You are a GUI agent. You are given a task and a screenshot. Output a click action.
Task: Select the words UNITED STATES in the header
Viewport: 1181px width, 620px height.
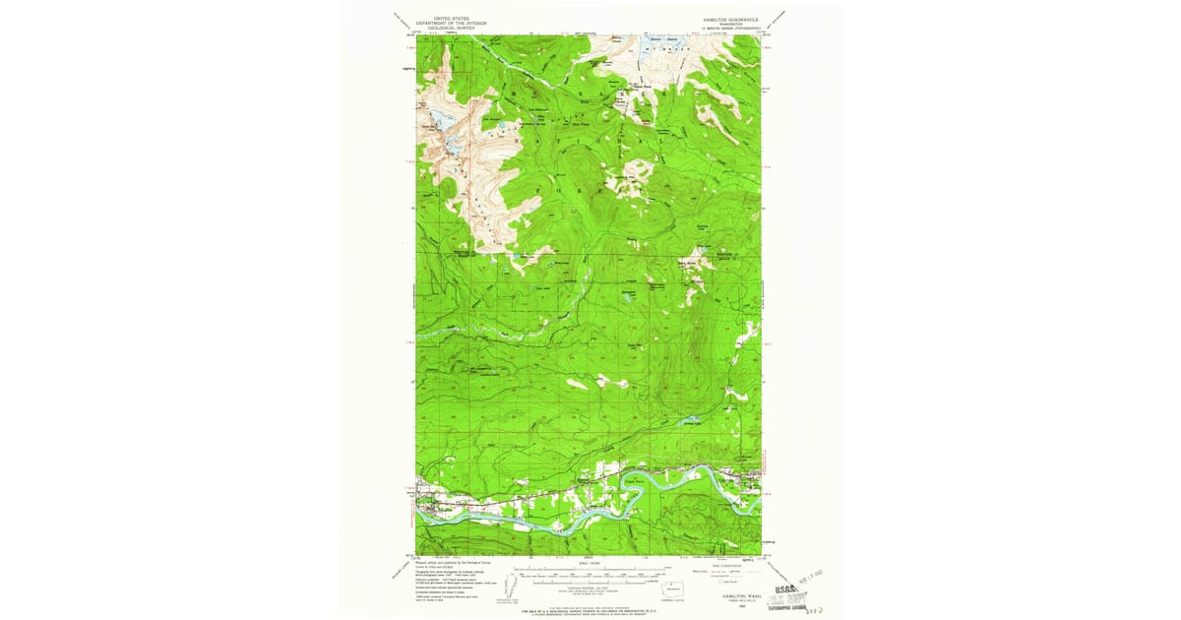tap(444, 19)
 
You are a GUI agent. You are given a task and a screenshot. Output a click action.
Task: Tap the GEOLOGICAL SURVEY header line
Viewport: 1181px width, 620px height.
tap(444, 30)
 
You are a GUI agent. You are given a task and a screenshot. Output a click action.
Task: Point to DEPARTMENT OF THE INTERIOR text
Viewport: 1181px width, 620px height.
tap(444, 24)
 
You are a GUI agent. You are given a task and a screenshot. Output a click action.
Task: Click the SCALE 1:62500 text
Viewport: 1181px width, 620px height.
tap(589, 562)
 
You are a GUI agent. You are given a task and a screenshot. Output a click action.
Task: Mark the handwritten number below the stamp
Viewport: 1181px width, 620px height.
tap(816, 611)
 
